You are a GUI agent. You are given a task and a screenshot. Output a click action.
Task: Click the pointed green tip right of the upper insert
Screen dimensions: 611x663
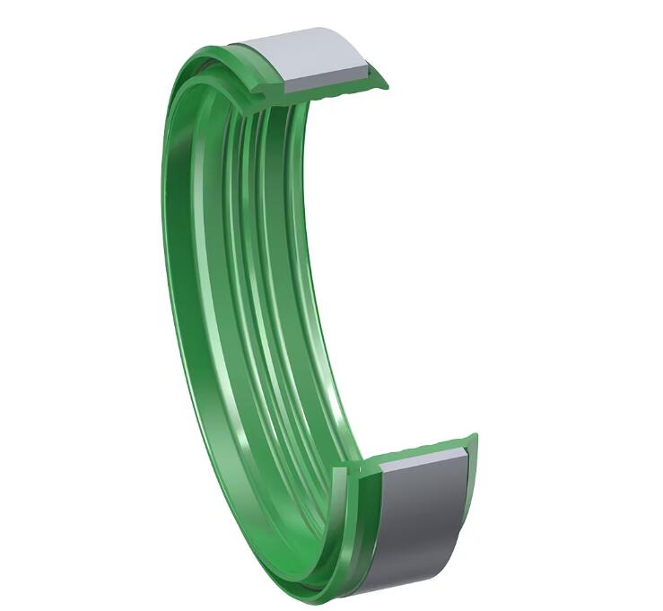[x=386, y=86]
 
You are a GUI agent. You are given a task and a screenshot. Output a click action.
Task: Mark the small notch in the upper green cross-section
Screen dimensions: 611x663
[x=266, y=89]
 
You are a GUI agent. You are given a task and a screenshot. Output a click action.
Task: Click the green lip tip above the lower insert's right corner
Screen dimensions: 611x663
[x=475, y=438]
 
